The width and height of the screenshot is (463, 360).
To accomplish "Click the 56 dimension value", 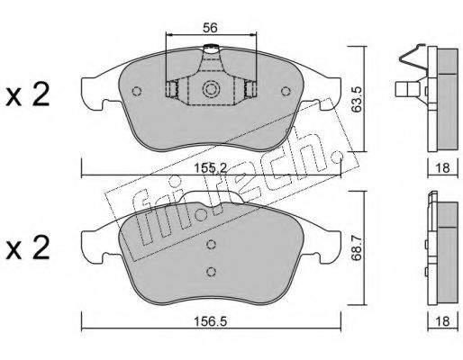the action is [x=210, y=28].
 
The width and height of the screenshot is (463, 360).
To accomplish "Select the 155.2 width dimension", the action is [x=211, y=167].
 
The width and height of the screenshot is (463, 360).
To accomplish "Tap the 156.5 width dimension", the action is [x=211, y=321].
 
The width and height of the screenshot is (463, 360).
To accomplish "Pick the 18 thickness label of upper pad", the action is [x=443, y=167].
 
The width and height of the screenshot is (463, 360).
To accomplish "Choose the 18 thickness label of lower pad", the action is [x=443, y=321].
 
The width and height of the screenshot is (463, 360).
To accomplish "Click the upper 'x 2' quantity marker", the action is [x=27, y=94].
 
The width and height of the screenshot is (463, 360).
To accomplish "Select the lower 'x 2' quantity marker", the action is [x=27, y=247].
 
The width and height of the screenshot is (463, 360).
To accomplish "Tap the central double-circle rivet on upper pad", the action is [x=211, y=89].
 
